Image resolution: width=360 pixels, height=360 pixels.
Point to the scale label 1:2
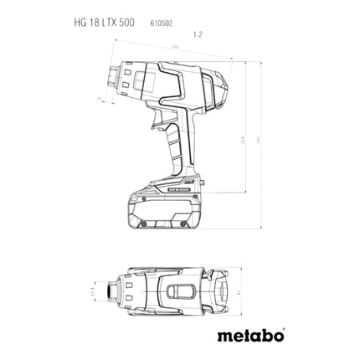click(x=198, y=35)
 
